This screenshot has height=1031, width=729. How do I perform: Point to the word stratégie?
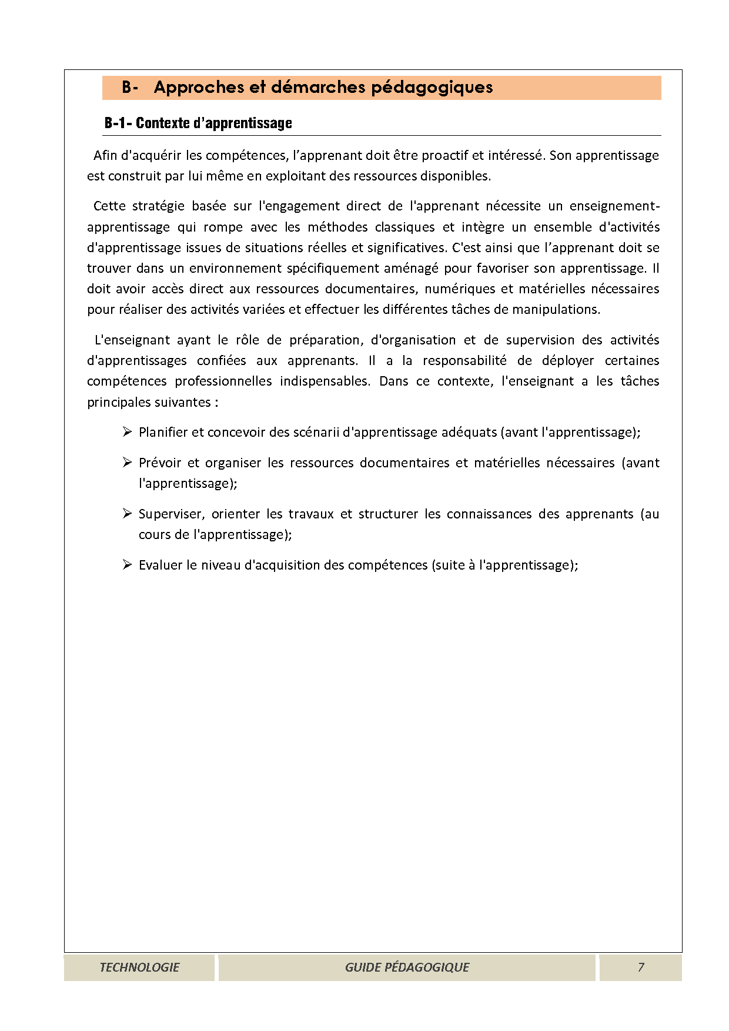[x=158, y=206]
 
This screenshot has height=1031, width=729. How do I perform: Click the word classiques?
[x=405, y=227]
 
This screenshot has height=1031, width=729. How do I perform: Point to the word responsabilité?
[x=464, y=361]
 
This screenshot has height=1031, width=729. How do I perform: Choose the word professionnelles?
[x=223, y=381]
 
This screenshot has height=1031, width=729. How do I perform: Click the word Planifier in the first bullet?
[x=163, y=433]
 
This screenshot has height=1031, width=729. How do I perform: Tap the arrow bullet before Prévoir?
[x=127, y=463]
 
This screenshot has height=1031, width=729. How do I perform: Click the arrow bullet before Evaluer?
[x=127, y=565]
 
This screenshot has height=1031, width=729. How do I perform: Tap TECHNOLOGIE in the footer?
[x=139, y=967]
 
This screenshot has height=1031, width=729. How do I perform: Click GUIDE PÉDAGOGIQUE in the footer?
[x=407, y=967]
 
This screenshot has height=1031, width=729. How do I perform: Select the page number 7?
[x=641, y=967]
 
